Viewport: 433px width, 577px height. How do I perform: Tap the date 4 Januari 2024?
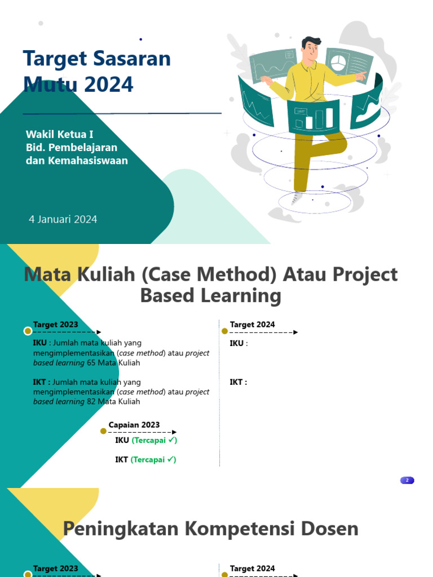tap(63, 219)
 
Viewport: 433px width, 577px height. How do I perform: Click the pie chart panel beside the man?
tap(339, 61)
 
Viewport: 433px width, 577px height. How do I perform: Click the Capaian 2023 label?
tap(134, 425)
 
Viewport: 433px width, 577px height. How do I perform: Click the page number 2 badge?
tap(407, 481)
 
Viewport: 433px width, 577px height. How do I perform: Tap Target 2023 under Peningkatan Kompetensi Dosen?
tap(55, 569)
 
